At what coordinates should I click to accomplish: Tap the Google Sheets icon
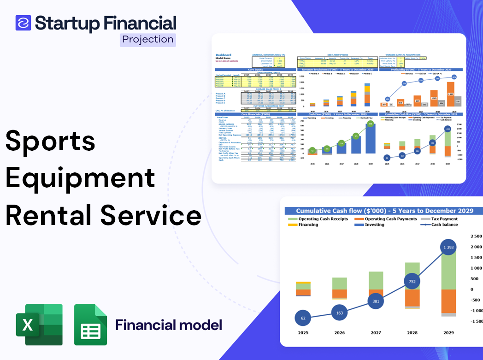pos(90,325)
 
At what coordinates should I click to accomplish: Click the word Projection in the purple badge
pos(148,39)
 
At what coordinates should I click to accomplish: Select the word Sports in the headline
pos(50,141)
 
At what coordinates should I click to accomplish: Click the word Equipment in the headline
pos(80,177)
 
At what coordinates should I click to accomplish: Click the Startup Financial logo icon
pos(23,23)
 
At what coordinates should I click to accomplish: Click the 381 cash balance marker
pos(376,301)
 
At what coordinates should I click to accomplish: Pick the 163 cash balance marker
pos(339,313)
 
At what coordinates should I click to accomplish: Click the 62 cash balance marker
pos(303,318)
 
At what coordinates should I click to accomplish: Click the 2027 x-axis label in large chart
pos(376,333)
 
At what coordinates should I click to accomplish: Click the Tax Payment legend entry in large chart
pos(444,219)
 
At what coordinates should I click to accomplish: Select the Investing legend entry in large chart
pos(374,224)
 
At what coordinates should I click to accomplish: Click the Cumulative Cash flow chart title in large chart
pos(384,211)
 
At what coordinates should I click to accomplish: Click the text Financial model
pos(169,325)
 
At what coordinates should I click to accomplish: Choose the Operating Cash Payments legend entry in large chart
pos(391,219)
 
